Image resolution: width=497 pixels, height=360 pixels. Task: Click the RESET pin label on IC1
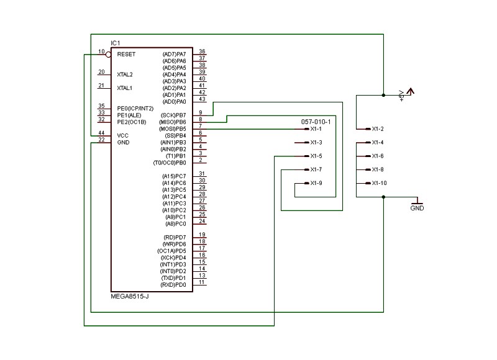tap(126, 55)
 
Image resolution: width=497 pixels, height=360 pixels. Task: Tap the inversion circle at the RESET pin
tap(108, 55)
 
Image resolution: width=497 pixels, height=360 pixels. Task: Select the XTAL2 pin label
tap(125, 74)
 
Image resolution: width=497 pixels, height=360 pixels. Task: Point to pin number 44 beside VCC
tap(101, 133)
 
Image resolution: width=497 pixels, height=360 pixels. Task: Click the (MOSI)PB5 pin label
tap(173, 129)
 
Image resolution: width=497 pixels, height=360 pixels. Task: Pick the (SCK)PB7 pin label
tap(173, 115)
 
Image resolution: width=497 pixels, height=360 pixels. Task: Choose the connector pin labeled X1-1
tap(316, 129)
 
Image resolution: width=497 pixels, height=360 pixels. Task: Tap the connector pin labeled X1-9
tap(316, 183)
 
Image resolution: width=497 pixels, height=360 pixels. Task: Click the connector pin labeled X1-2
tap(378, 129)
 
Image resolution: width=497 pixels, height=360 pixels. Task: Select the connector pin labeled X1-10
tap(379, 183)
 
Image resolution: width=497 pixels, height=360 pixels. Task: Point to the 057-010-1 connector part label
tap(316, 122)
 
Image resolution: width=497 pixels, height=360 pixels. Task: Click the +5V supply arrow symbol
tap(411, 91)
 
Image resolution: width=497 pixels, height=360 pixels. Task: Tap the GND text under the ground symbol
tap(417, 208)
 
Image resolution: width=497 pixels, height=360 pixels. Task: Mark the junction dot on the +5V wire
tap(383, 95)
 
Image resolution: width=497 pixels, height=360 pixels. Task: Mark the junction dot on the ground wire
tap(383, 197)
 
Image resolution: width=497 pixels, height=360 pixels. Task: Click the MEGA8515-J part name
tap(130, 297)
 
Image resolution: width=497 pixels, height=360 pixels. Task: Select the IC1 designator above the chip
tap(116, 43)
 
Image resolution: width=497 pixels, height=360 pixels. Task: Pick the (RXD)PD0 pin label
tap(173, 285)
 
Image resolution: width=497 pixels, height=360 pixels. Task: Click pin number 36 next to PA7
tap(203, 52)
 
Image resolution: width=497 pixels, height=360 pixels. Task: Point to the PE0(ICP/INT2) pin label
tap(135, 109)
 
